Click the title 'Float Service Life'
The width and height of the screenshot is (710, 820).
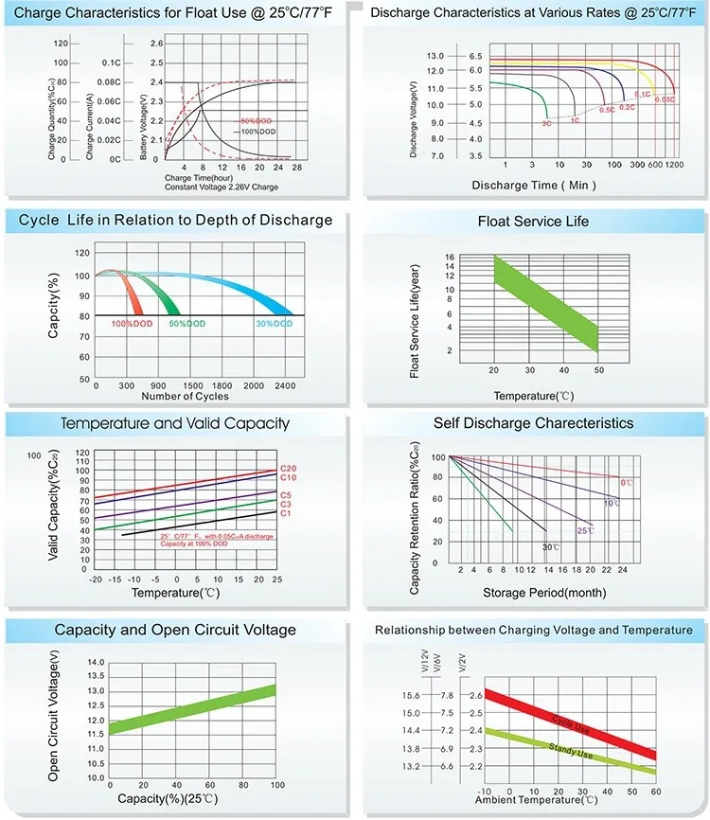(x=536, y=222)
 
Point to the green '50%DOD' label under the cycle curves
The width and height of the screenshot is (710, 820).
(x=186, y=324)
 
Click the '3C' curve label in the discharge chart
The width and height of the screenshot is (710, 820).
(x=546, y=123)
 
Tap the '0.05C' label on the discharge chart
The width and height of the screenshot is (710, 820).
(x=665, y=98)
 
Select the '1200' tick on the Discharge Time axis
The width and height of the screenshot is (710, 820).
(x=673, y=165)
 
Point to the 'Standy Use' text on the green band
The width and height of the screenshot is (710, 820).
(x=572, y=748)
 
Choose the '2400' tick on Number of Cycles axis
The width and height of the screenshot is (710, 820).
(x=284, y=386)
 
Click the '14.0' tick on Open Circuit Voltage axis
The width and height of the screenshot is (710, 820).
(x=95, y=662)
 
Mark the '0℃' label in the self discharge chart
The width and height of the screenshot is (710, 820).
(x=627, y=483)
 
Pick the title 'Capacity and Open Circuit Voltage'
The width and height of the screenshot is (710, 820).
(x=175, y=630)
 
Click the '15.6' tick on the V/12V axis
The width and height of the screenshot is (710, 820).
(x=411, y=696)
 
